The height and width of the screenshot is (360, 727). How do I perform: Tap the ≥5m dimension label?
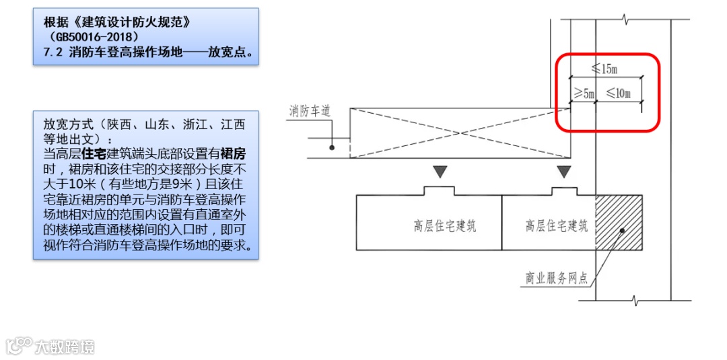[x=584, y=94]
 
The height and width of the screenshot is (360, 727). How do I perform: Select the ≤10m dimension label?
[x=618, y=94]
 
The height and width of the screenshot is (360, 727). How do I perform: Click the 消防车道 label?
[x=310, y=111]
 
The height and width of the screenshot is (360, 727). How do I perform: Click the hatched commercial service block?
[x=619, y=222]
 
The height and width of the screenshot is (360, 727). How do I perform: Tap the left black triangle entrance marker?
[x=440, y=172]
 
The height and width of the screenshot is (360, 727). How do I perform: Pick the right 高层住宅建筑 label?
[x=556, y=226]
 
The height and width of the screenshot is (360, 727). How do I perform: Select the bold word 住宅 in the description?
[x=92, y=153]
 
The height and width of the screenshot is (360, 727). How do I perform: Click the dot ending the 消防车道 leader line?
[x=332, y=147]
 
